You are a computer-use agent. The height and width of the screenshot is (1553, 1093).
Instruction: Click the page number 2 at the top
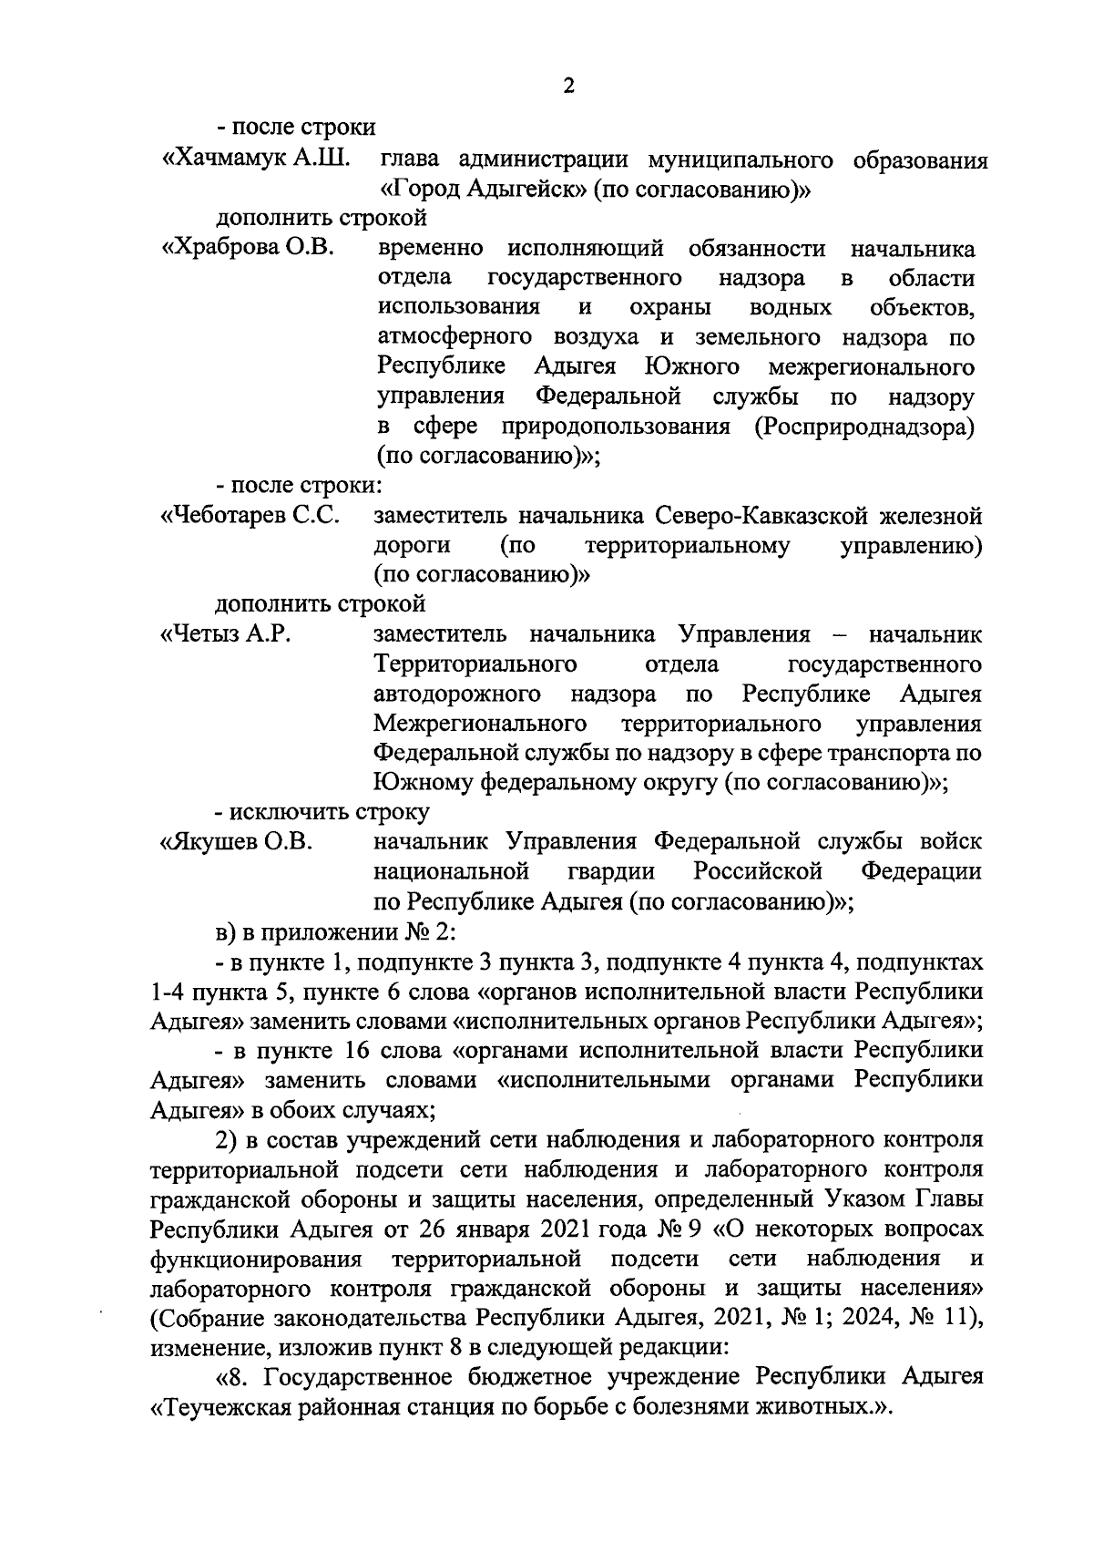point(569,87)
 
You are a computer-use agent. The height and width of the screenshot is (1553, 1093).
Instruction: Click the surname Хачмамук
point(224,160)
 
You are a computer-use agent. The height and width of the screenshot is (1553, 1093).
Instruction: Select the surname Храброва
point(221,249)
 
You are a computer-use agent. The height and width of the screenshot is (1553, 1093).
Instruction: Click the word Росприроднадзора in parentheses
point(863,427)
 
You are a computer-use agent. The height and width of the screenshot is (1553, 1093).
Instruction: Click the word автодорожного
point(457,694)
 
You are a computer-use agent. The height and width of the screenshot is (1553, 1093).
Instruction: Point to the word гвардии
point(611,871)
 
